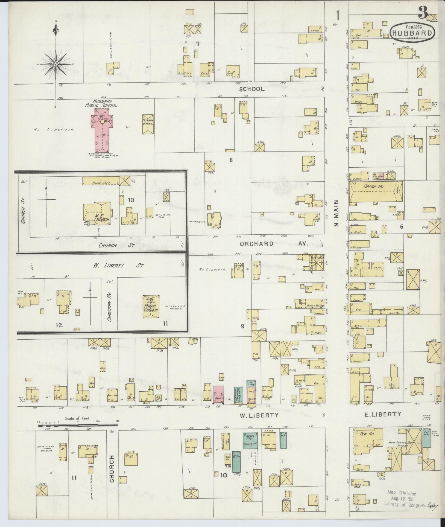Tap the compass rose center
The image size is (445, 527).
point(55,64)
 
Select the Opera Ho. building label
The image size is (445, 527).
point(374,187)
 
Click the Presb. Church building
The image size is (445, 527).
point(151,306)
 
